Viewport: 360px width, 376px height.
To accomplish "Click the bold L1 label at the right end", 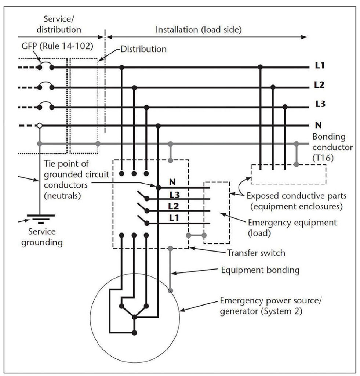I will pyautogui.click(x=320, y=66).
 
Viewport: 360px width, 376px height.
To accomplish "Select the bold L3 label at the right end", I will pyautogui.click(x=320, y=104).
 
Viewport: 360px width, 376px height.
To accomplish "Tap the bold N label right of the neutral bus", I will pyautogui.click(x=319, y=125).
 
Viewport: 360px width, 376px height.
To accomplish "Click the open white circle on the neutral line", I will pyautogui.click(x=39, y=126).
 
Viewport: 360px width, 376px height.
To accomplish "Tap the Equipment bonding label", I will pyautogui.click(x=260, y=270).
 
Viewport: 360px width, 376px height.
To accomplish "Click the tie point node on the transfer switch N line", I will pyautogui.click(x=158, y=187).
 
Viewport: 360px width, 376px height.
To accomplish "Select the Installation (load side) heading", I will pyautogui.click(x=199, y=30).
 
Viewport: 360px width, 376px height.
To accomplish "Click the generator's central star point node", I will pyautogui.click(x=134, y=317).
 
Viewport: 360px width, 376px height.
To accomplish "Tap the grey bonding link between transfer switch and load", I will pyautogui.click(x=196, y=235).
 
